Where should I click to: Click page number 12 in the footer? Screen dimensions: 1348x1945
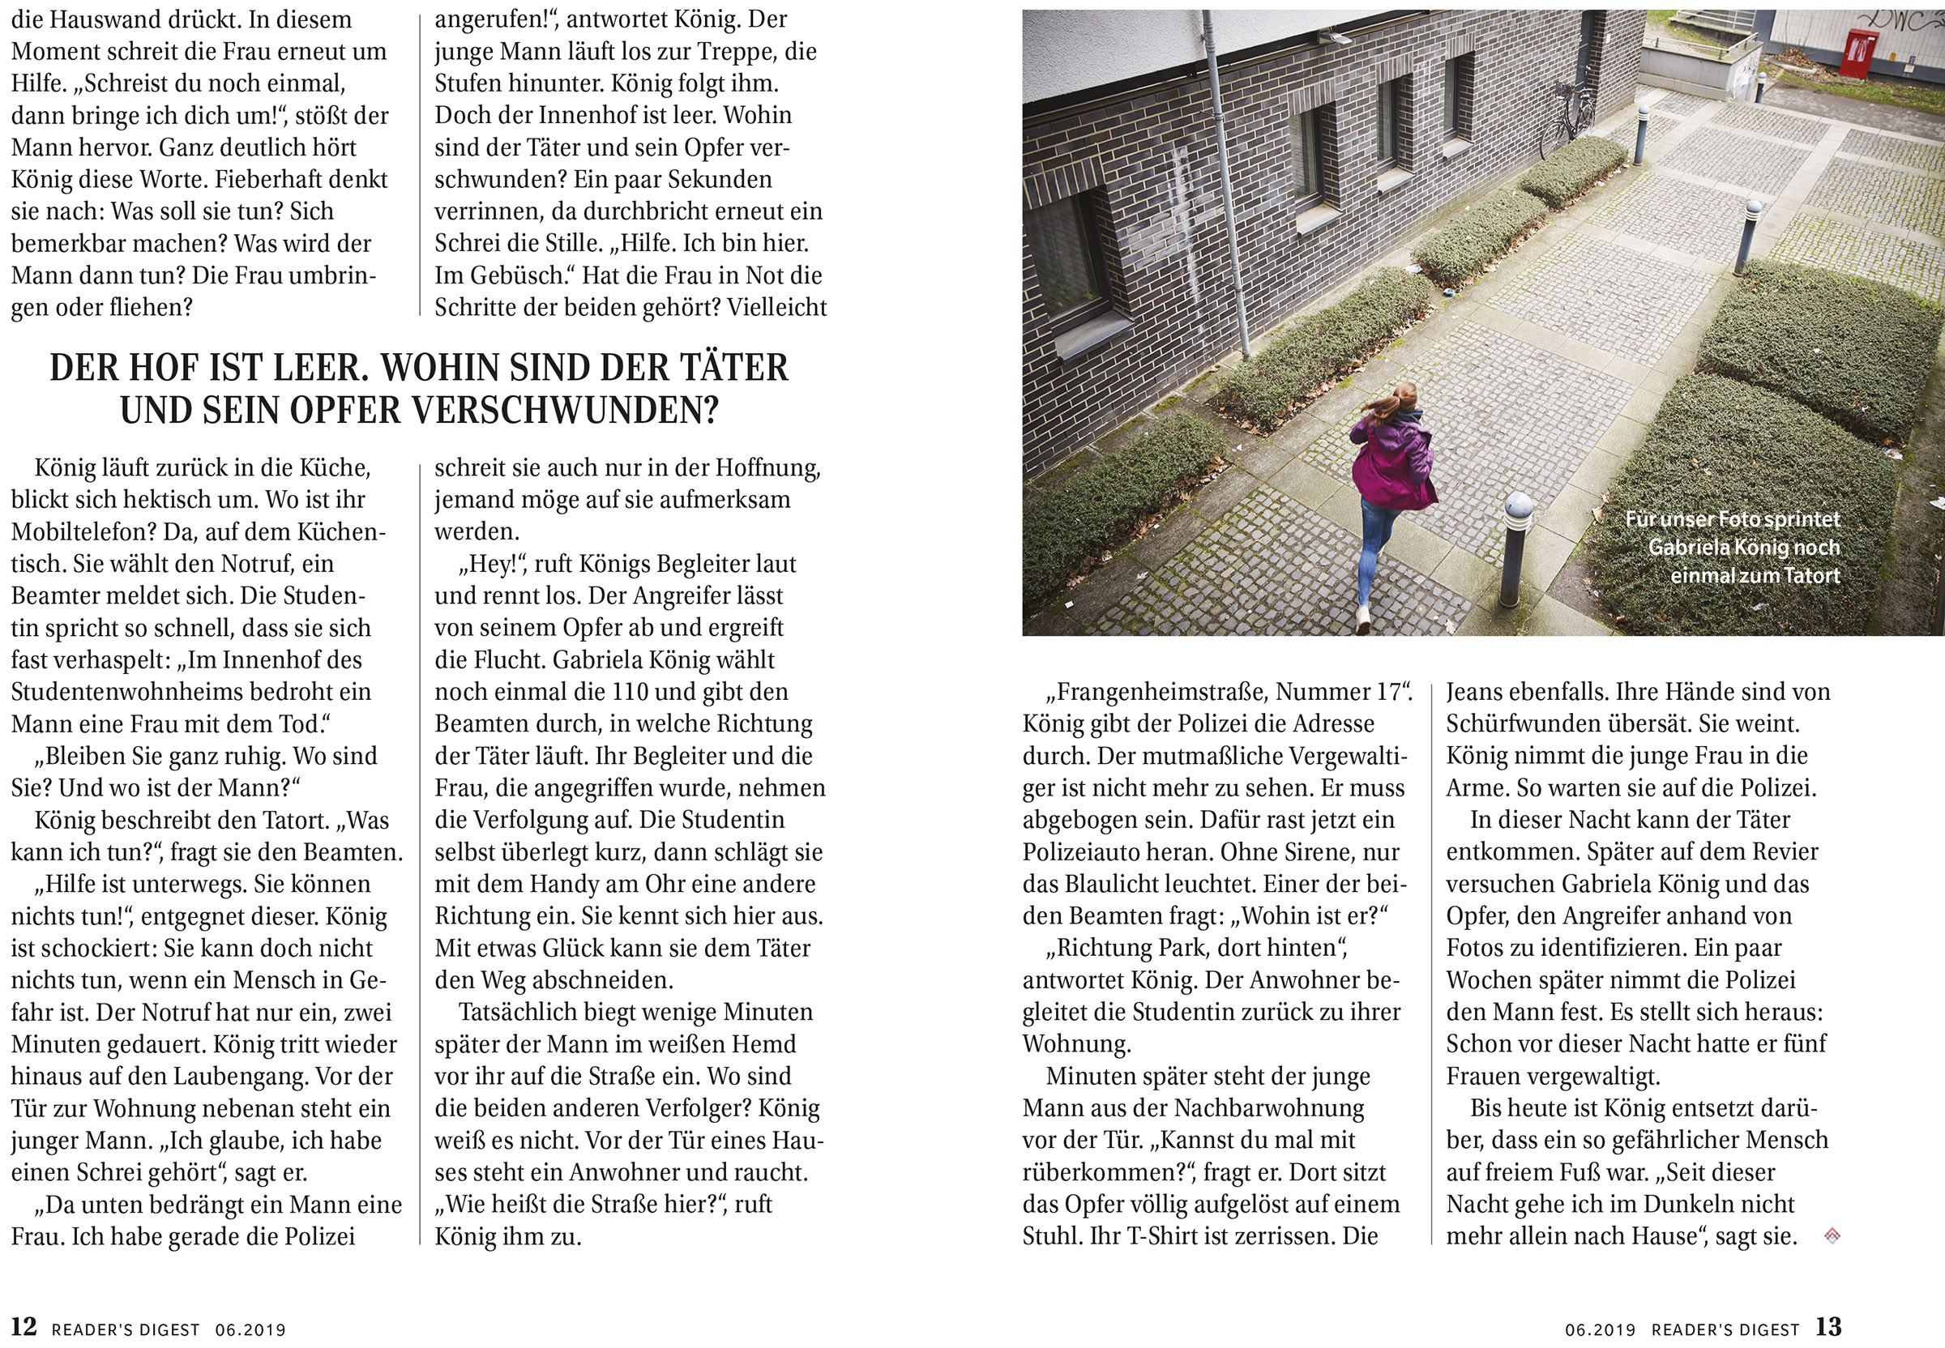23,1327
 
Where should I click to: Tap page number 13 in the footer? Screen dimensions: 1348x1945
1828,1327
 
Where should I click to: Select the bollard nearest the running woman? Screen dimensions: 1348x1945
1517,549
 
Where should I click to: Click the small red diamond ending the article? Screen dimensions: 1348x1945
1832,1236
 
